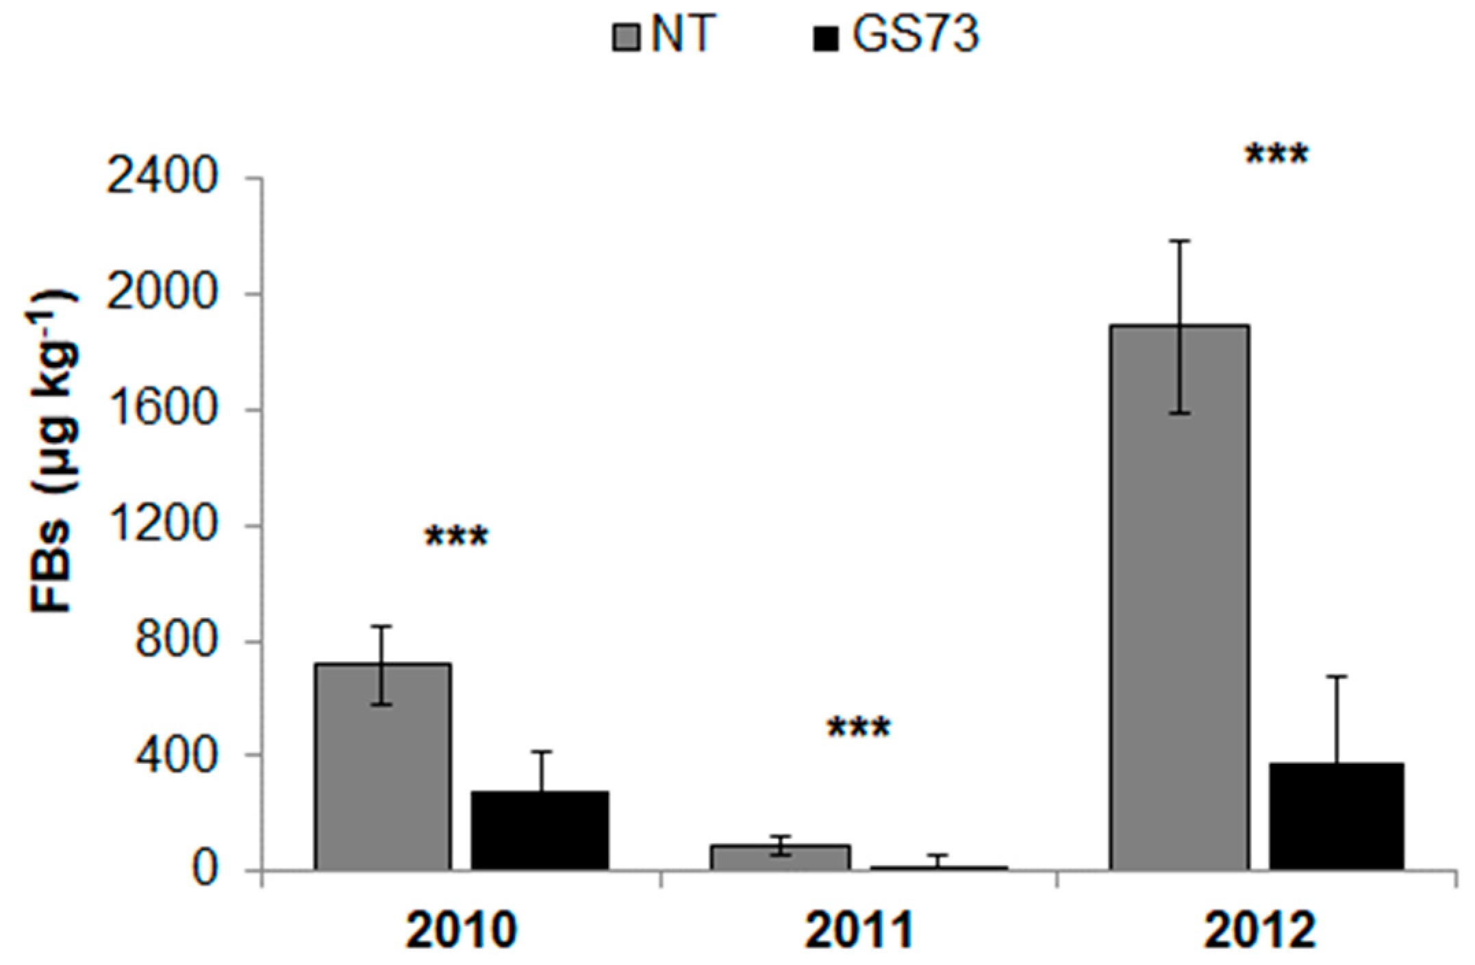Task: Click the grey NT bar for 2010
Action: (x=383, y=767)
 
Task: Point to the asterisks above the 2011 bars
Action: (x=859, y=729)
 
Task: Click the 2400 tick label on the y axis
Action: (x=162, y=179)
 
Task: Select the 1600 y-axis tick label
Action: (x=162, y=411)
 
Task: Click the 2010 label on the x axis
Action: (x=460, y=931)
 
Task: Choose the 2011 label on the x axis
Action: (x=859, y=931)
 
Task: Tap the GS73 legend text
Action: (x=916, y=34)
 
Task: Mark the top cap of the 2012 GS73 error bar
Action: (x=1337, y=676)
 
